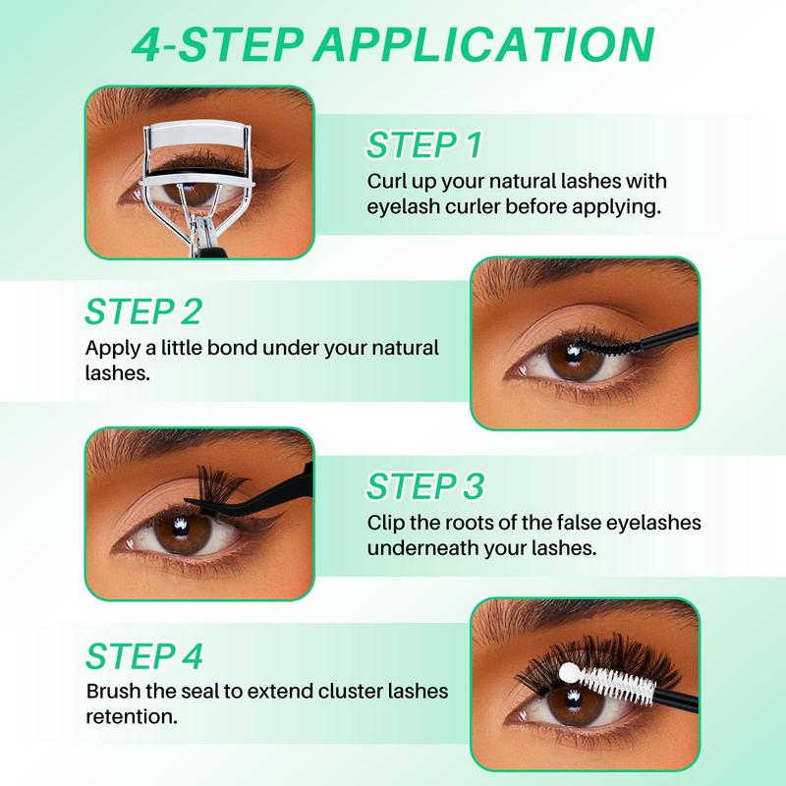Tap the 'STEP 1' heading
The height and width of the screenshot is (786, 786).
click(x=424, y=145)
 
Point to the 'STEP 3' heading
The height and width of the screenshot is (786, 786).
click(x=425, y=485)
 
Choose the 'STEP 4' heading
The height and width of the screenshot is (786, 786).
click(x=143, y=656)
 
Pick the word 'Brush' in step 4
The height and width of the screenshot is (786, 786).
click(x=112, y=692)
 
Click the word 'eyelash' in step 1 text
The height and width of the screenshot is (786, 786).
click(x=403, y=208)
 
